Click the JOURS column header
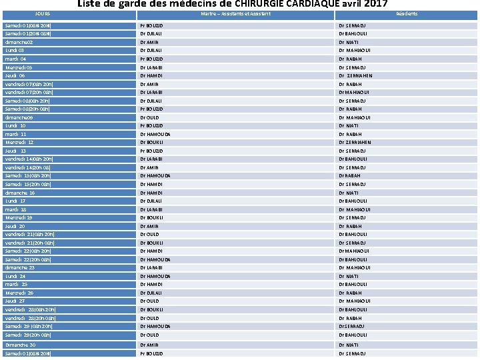(42, 13)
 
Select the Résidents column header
(407, 13)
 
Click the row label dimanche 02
(19, 42)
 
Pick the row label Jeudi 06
(15, 76)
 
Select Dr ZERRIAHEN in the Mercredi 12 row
(355, 143)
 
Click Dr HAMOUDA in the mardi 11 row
(155, 134)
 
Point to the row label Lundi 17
(15, 201)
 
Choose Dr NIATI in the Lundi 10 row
(348, 126)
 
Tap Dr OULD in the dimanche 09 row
(149, 117)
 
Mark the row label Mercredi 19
(19, 218)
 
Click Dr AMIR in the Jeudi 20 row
(149, 227)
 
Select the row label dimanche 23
(20, 268)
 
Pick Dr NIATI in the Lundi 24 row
(348, 277)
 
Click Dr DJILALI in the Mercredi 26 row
(151, 293)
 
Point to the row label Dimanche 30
(21, 345)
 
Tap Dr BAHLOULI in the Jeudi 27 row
(353, 301)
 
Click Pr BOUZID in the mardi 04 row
(151, 59)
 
